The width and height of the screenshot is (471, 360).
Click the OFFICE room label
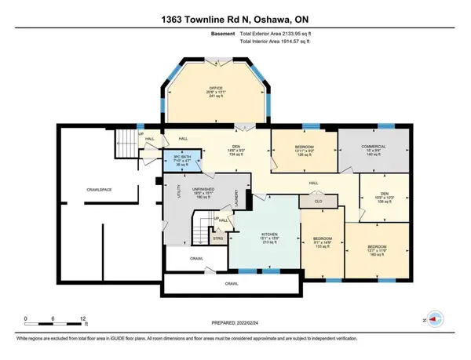click(x=216, y=88)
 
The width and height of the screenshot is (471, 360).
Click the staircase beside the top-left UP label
click(x=125, y=144)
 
